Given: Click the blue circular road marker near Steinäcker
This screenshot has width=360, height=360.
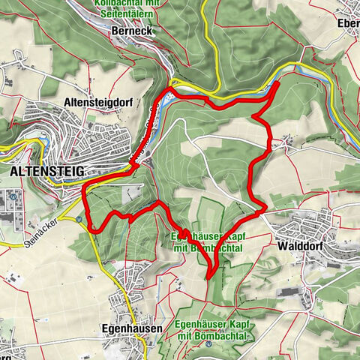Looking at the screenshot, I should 78,220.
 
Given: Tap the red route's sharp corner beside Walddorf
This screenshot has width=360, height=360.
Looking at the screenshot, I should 265,211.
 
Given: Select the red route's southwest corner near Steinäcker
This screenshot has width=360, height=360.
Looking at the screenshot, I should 91,229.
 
